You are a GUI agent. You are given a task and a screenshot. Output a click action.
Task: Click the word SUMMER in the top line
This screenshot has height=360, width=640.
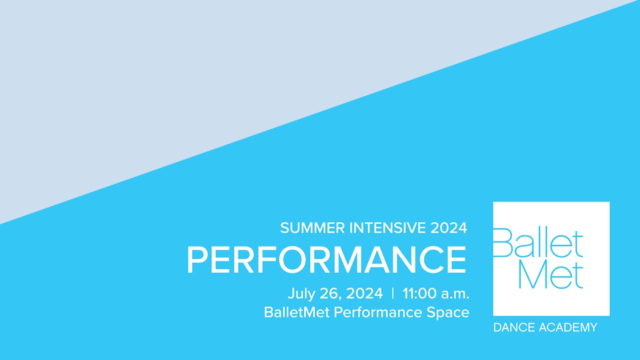click(312, 228)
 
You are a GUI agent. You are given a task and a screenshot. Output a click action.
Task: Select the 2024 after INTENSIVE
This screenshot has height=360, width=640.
click(448, 228)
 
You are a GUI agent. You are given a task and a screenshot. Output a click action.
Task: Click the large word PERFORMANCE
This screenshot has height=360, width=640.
click(326, 260)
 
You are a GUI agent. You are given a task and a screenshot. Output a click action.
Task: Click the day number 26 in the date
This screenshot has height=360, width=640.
click(328, 293)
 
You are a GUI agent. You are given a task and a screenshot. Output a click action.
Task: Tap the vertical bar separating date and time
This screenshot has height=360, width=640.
click(393, 293)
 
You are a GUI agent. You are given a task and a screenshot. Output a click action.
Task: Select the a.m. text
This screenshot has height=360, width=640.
click(455, 294)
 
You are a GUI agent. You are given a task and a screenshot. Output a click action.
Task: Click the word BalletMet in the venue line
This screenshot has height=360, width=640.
click(297, 312)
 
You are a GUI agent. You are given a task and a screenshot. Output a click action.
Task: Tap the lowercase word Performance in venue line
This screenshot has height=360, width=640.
click(377, 312)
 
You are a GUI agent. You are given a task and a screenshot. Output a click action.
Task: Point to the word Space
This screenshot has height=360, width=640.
click(447, 312)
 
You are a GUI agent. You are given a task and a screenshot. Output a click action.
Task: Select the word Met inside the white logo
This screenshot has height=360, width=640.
click(550, 274)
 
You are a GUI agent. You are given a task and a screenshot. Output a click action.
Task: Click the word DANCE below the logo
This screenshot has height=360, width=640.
click(513, 327)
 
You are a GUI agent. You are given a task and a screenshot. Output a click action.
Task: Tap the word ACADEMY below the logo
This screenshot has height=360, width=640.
click(568, 327)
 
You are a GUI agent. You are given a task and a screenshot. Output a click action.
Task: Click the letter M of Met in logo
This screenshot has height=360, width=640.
click(532, 274)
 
